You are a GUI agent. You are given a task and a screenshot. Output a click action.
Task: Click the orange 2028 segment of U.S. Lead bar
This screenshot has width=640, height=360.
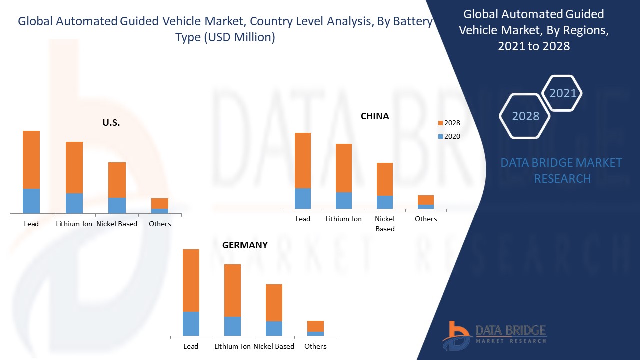(31, 160)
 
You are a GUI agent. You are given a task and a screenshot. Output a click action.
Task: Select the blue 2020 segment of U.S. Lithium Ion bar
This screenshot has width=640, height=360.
(74, 203)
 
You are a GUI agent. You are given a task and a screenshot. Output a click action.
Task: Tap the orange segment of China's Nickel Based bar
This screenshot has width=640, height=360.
(385, 179)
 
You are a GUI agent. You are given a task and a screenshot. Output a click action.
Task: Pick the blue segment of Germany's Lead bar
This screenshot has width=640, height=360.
(191, 324)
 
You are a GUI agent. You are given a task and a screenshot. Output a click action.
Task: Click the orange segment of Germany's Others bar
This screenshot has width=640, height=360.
(315, 326)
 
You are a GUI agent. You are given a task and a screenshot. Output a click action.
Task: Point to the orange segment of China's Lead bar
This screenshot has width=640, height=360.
(303, 160)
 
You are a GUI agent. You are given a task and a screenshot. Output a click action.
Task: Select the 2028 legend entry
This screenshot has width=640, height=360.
(449, 123)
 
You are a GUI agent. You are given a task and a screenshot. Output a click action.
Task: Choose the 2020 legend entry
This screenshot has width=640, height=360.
(449, 136)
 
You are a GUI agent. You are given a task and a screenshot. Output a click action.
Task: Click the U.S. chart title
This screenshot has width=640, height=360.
(111, 123)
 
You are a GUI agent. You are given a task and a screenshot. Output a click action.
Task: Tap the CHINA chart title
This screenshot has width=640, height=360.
(375, 116)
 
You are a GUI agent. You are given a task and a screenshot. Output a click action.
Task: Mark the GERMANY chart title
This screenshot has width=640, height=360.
(245, 245)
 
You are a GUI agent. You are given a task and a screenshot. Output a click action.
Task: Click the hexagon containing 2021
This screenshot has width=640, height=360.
(563, 93)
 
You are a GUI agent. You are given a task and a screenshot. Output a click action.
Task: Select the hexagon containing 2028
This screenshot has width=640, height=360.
(525, 116)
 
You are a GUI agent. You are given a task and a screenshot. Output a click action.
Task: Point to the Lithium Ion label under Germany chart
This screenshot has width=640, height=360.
(232, 346)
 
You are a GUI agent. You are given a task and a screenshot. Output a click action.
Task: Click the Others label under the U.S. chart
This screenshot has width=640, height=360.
(160, 224)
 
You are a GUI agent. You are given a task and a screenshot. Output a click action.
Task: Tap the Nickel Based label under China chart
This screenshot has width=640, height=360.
(385, 224)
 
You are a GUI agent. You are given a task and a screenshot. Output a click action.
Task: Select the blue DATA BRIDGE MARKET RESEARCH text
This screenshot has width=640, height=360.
(562, 170)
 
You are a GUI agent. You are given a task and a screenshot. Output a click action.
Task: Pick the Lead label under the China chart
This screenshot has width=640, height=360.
(303, 219)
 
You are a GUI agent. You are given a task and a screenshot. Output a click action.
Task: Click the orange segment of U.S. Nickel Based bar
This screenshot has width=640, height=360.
(117, 180)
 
